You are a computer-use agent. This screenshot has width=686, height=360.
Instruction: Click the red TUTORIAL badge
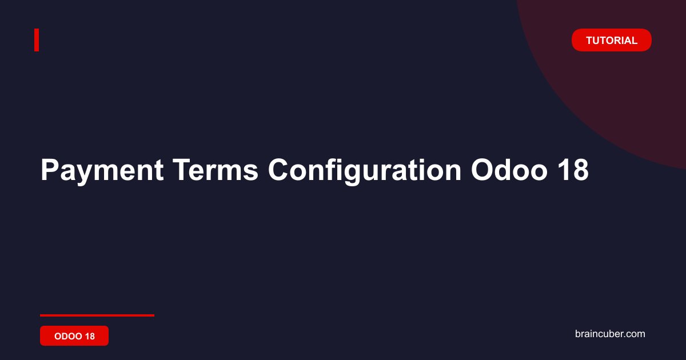(611, 40)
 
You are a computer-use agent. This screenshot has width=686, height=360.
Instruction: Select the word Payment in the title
(102, 171)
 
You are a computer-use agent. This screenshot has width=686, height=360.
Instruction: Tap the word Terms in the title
(216, 170)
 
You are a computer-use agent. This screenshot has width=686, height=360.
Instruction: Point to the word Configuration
(365, 171)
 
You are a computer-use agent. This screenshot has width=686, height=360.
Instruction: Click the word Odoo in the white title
(509, 170)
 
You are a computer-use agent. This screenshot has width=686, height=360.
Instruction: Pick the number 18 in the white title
(573, 170)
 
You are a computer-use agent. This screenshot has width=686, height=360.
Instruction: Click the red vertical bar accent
(37, 40)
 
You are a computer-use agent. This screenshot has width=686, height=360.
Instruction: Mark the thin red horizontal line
(97, 315)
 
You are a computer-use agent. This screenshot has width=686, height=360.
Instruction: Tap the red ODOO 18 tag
(74, 336)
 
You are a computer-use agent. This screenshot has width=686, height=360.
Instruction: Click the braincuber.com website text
(610, 334)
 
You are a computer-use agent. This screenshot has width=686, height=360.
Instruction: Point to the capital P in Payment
(50, 170)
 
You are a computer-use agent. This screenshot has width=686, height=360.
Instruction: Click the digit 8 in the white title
(580, 170)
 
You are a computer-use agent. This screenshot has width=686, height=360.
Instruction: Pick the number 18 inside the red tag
(90, 336)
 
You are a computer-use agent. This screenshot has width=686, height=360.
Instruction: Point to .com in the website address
(634, 334)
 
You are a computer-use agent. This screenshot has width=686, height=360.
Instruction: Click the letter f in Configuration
(331, 170)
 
